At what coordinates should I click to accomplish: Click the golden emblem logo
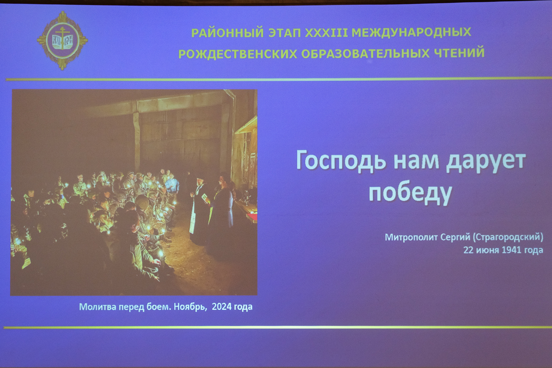pyautogui.click(x=63, y=40)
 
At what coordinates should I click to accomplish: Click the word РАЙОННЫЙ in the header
pyautogui.click(x=227, y=33)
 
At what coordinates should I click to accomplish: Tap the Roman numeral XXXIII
pyautogui.click(x=326, y=32)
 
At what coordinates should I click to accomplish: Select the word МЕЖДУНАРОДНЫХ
pyautogui.click(x=411, y=32)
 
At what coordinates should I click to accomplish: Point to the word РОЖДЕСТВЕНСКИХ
pyautogui.click(x=238, y=54)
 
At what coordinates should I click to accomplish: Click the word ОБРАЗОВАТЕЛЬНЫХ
pyautogui.click(x=365, y=53)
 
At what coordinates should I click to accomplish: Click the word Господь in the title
pyautogui.click(x=341, y=161)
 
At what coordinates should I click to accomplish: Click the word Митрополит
pyautogui.click(x=410, y=238)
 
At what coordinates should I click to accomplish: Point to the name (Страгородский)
pyautogui.click(x=508, y=237)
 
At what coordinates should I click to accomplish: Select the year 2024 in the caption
pyautogui.click(x=222, y=307)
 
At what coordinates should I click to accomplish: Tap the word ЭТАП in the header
pyautogui.click(x=285, y=33)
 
